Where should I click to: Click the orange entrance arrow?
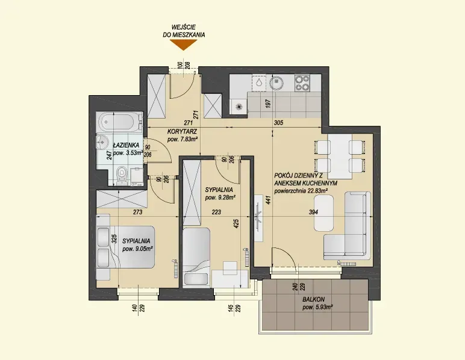[x=184, y=45]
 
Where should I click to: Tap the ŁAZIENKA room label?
[x=126, y=145]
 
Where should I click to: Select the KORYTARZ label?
[x=182, y=131]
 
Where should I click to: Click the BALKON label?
[x=314, y=300]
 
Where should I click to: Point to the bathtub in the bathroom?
[x=120, y=122]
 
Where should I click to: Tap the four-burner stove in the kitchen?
[x=302, y=82]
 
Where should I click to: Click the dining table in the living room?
[x=340, y=157]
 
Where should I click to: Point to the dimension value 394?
[x=314, y=212]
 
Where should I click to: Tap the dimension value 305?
[x=279, y=123]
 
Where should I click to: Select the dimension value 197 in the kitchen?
[x=269, y=104]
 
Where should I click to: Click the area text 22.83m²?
[x=317, y=191]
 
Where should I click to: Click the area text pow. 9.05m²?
[x=137, y=249]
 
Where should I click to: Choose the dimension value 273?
[x=138, y=212]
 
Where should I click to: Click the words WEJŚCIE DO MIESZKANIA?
[x=184, y=31]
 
